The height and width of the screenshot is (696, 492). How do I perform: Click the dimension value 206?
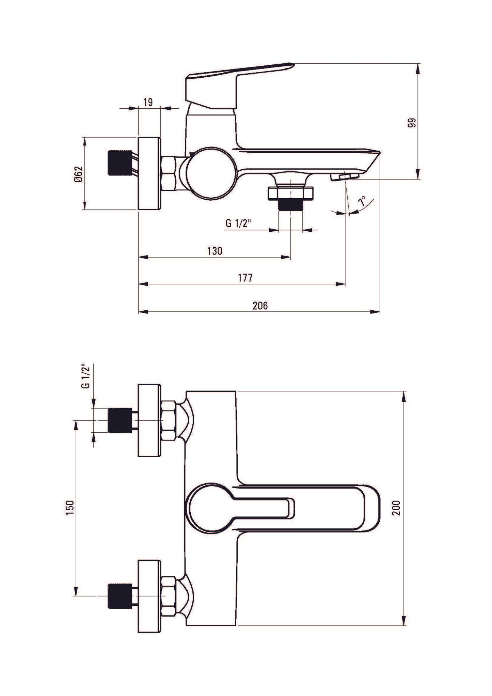tap(260, 306)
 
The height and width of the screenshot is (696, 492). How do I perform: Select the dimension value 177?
tap(245, 278)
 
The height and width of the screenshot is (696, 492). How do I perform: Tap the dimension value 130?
tap(215, 251)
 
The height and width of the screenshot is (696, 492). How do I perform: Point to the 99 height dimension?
tap(412, 123)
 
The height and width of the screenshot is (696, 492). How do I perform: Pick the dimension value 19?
tap(148, 102)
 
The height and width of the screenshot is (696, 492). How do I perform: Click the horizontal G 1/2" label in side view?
tap(238, 223)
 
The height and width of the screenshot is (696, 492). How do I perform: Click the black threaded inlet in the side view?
tap(119, 163)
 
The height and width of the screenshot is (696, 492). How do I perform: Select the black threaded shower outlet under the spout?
tap(290, 204)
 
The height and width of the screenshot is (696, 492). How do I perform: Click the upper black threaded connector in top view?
tap(119, 420)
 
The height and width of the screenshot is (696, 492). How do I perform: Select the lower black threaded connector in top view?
tap(119, 596)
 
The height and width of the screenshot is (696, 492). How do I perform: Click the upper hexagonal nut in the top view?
tap(169, 420)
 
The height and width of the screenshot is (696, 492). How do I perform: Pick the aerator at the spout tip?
tap(345, 176)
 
